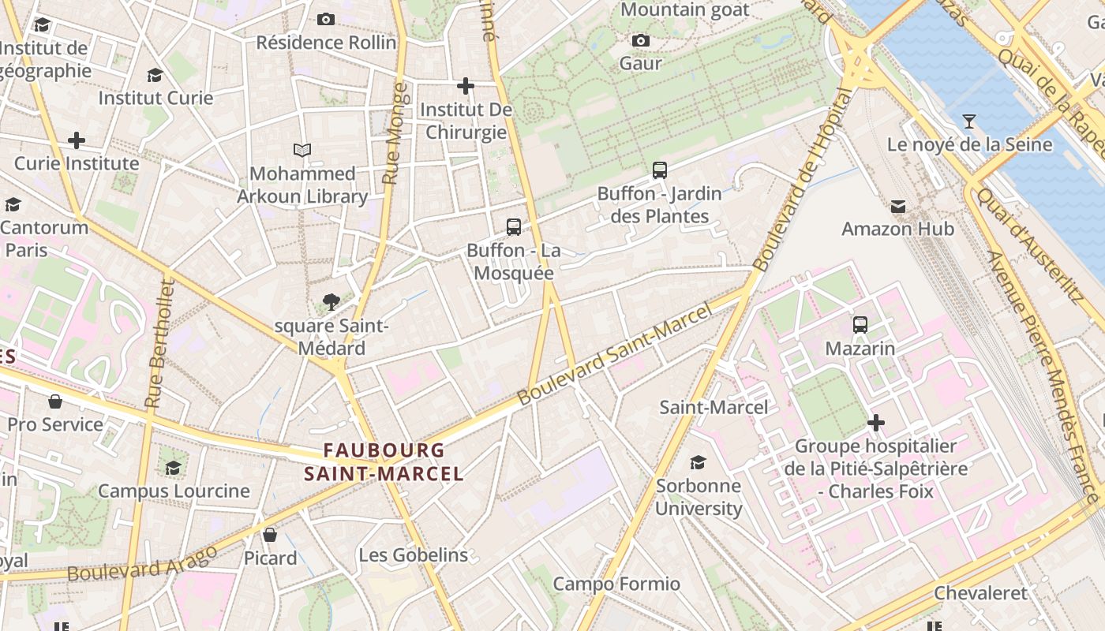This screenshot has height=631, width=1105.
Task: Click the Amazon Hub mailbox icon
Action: (898, 207)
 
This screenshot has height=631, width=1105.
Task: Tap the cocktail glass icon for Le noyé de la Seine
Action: (969, 121)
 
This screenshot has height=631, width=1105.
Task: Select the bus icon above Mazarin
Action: (860, 324)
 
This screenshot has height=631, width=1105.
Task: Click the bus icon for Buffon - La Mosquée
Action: (514, 227)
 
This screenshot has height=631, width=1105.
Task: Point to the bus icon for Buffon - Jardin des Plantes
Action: (660, 170)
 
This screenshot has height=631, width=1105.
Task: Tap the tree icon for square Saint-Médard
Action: (331, 301)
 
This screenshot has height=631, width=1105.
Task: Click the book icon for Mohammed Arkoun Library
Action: (302, 150)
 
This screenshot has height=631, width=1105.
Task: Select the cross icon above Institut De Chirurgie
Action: (466, 85)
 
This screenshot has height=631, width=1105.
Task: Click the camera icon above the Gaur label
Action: (641, 40)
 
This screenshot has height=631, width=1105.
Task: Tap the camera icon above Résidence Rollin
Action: (326, 19)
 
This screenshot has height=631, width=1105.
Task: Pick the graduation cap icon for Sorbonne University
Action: (699, 462)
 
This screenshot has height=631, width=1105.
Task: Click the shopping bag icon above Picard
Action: (270, 535)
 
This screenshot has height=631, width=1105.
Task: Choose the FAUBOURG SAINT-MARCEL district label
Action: (384, 462)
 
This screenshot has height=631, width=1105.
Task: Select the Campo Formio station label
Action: (616, 584)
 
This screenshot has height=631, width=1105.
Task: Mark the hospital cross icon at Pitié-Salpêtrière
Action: (875, 424)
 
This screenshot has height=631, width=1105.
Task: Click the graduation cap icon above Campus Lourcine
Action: (174, 468)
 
